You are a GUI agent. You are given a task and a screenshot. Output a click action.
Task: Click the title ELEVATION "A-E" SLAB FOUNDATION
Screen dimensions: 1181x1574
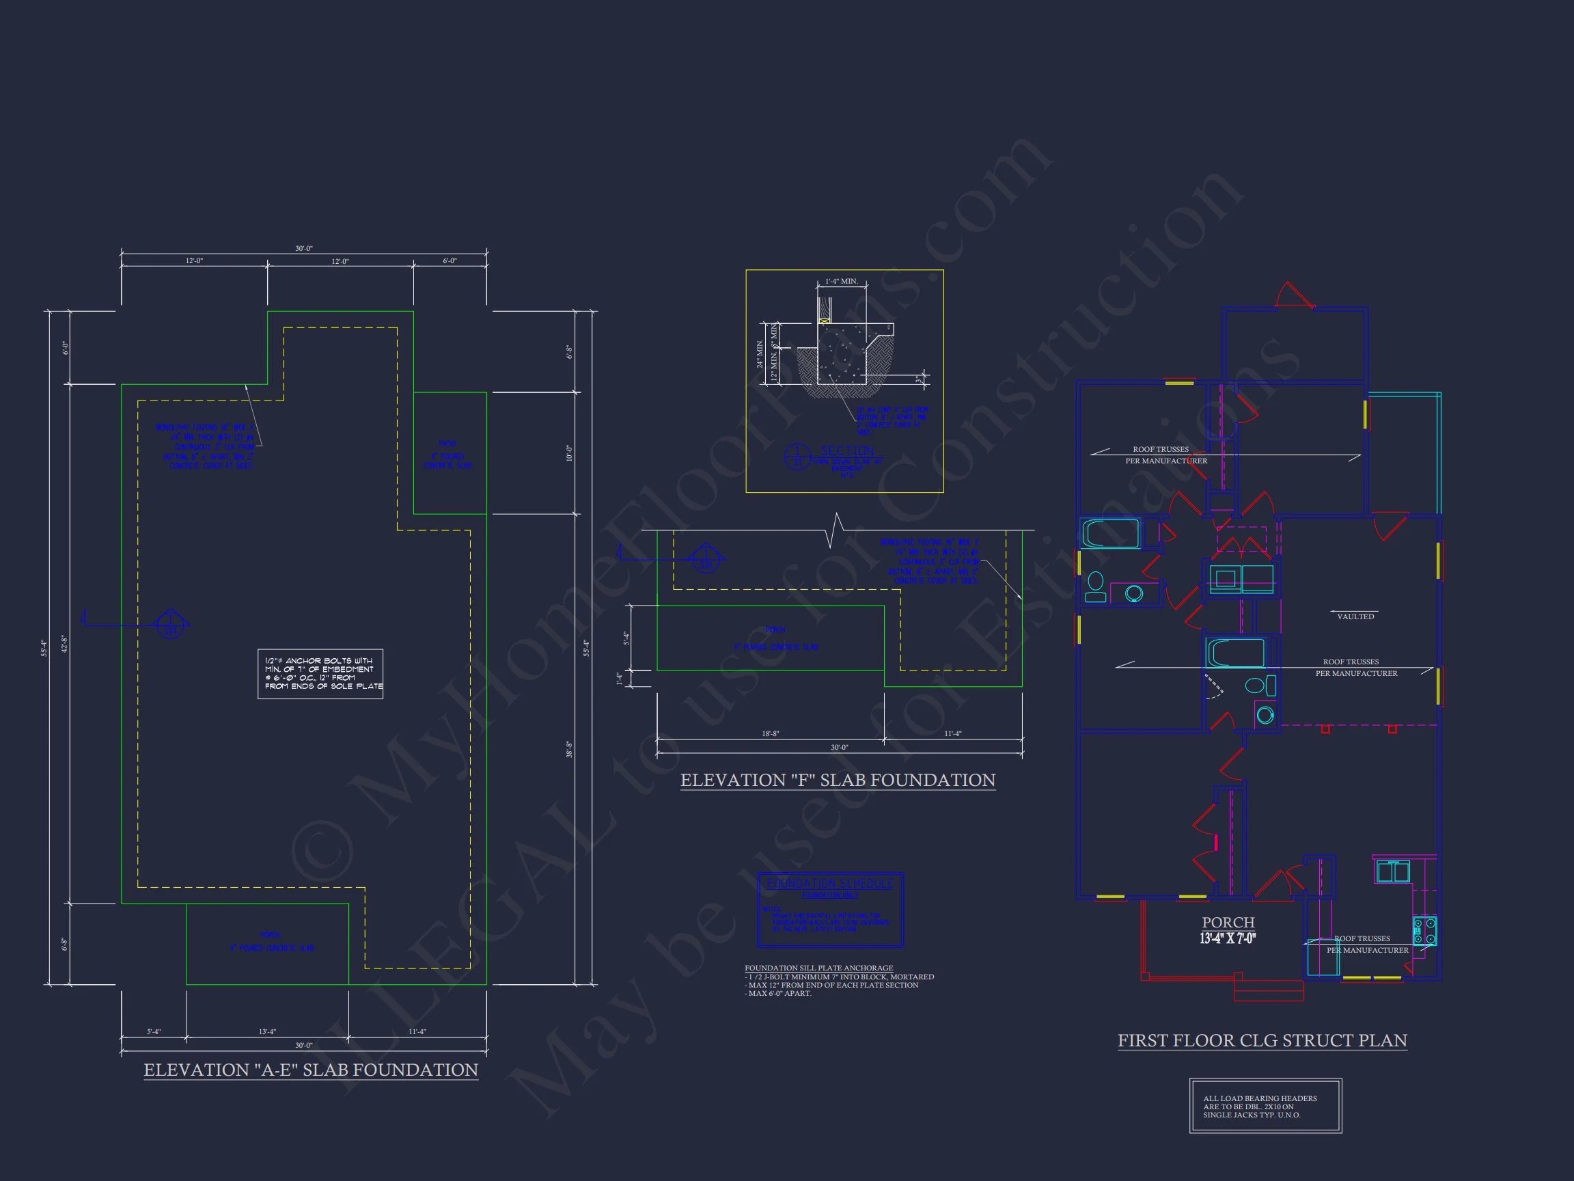tap(311, 1070)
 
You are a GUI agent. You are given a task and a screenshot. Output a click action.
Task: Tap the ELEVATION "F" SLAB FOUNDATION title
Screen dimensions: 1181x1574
tap(838, 780)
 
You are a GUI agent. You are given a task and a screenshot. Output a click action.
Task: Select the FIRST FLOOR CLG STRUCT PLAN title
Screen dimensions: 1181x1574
tap(1262, 1041)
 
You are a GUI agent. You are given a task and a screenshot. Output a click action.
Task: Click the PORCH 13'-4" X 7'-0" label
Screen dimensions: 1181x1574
tap(1228, 930)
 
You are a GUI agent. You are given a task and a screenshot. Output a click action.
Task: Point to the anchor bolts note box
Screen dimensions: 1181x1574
tap(320, 673)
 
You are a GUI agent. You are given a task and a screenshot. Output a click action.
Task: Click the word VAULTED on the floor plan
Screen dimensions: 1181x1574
tap(1355, 616)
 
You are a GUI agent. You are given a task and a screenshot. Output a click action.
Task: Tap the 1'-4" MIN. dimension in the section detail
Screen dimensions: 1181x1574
tap(841, 281)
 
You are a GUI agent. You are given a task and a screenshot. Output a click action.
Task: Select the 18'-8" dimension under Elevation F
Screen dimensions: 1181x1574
tap(770, 734)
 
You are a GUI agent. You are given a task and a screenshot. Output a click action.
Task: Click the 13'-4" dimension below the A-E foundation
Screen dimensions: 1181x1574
tap(267, 1031)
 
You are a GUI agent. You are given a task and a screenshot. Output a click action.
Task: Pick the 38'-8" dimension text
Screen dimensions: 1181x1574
tap(569, 749)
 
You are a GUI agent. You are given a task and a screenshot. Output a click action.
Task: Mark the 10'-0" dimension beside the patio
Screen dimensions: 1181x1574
tap(569, 452)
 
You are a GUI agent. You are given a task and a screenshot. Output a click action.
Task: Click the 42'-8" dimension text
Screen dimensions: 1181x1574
tap(64, 644)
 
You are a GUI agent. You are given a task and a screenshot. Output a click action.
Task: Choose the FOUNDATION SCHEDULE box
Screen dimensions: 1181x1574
tap(831, 909)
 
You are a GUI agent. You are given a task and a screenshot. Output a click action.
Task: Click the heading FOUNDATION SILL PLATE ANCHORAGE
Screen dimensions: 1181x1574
tap(818, 968)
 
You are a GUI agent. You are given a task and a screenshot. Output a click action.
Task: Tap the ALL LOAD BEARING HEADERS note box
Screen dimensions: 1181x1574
tap(1265, 1107)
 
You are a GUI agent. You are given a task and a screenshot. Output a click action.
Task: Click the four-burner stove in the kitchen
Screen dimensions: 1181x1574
tap(1424, 931)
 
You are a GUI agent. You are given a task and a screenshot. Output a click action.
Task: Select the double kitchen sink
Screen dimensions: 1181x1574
tap(1392, 872)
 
